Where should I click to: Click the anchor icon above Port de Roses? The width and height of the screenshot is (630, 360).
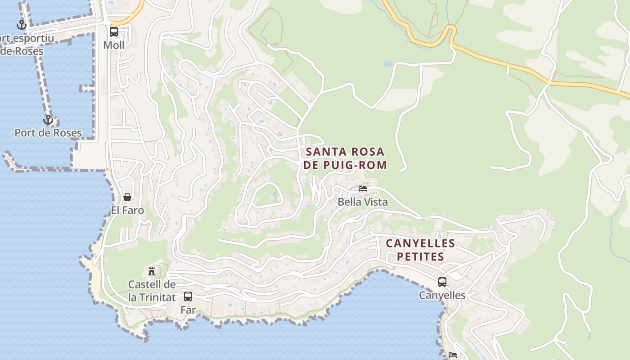[48, 120]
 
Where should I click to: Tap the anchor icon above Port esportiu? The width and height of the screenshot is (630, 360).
[21, 25]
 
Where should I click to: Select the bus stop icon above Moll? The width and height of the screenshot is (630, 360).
[114, 32]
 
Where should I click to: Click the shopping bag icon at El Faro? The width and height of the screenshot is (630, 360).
[127, 197]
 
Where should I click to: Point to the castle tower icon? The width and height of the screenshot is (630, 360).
[152, 271]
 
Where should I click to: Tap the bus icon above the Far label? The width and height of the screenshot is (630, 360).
[188, 297]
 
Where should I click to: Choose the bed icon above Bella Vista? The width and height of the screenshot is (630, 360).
[363, 189]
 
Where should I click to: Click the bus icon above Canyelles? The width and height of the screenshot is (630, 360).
[442, 282]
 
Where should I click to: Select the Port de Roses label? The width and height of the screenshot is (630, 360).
[48, 133]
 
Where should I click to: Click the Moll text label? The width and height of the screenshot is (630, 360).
[114, 45]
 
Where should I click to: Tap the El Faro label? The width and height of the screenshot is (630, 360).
[127, 210]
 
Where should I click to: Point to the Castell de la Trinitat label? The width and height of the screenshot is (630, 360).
[152, 291]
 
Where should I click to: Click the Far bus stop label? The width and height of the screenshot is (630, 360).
[188, 310]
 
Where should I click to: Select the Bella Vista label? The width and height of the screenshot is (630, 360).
[363, 202]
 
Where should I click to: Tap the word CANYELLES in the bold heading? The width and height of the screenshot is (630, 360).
[420, 243]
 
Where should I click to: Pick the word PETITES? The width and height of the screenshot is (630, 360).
[420, 257]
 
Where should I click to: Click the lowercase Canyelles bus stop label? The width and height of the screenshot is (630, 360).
[442, 295]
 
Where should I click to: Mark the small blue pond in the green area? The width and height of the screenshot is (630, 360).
[387, 64]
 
